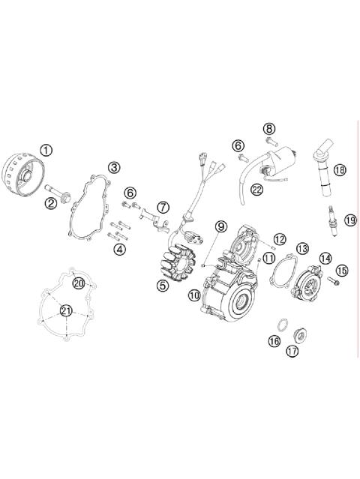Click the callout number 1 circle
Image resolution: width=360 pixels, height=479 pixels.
click(46, 150)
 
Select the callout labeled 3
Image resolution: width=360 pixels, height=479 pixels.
click(114, 167)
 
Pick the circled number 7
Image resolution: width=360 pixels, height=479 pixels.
click(163, 205)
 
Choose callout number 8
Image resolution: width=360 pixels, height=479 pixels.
click(268, 128)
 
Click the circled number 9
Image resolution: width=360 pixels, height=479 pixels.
click(220, 226)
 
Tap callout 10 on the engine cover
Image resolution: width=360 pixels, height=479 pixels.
click(194, 296)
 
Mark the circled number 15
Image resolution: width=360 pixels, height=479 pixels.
click(342, 270)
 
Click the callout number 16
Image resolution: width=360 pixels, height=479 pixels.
click(274, 340)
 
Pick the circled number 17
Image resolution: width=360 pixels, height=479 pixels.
click(292, 350)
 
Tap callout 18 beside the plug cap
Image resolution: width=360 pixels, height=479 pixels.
click(339, 170)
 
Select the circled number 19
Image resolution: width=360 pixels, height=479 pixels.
click(349, 220)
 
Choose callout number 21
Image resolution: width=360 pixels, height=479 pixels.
click(67, 311)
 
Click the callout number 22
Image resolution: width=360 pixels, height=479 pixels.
click(257, 190)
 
